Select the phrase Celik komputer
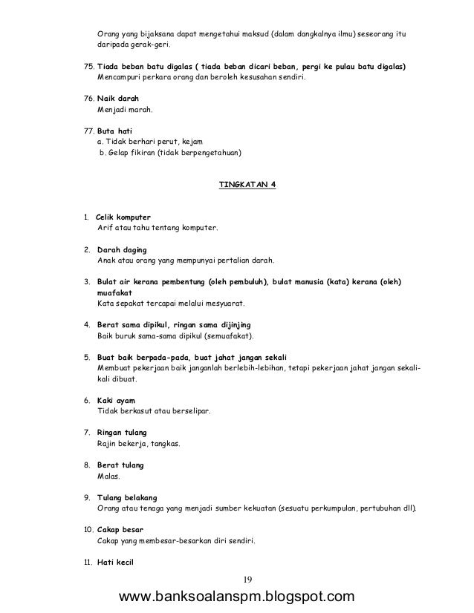click(x=124, y=217)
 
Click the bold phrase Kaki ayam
click(x=117, y=401)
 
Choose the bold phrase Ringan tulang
click(x=122, y=433)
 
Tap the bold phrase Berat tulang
click(x=120, y=465)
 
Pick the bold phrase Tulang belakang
click(x=127, y=497)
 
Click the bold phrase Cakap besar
click(x=120, y=530)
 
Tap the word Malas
click(x=108, y=476)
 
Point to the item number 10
click(x=87, y=530)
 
